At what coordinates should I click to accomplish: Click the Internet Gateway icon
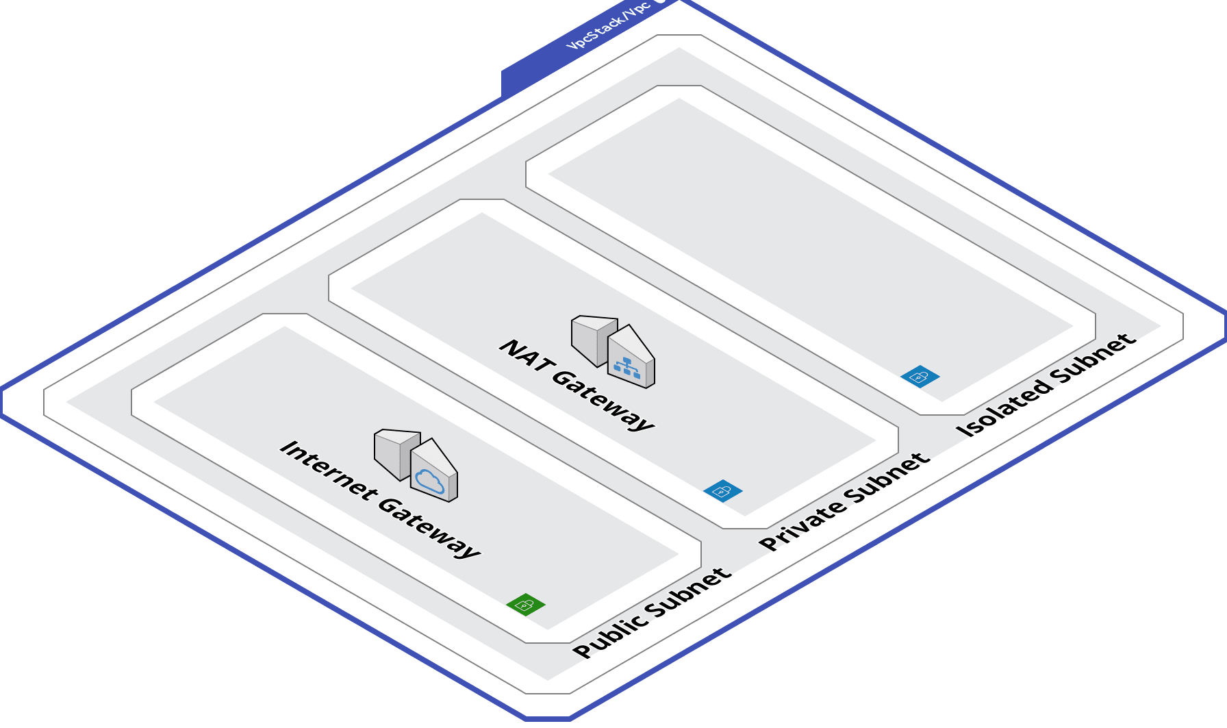tap(416, 466)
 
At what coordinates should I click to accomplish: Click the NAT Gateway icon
tap(613, 351)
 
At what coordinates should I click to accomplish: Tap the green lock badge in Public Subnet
tap(526, 605)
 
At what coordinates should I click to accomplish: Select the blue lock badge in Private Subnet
tap(723, 490)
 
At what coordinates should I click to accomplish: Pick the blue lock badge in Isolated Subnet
tap(920, 376)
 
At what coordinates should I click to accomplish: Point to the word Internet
tap(328, 473)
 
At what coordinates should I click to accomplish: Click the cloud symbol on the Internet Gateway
tap(430, 481)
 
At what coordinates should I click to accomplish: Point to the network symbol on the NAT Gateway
tap(627, 368)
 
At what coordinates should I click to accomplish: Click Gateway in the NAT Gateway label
tap(603, 400)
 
